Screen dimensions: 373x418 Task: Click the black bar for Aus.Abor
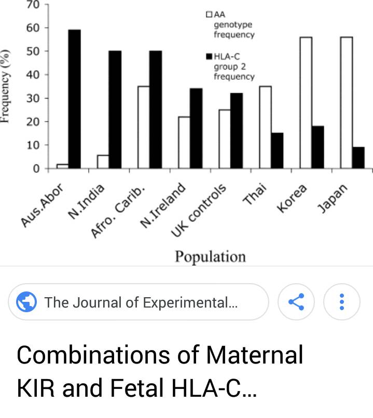[x=74, y=99]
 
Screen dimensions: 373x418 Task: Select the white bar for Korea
[x=306, y=103]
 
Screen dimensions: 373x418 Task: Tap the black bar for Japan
[x=358, y=158]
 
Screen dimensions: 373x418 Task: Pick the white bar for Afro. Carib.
[x=143, y=127]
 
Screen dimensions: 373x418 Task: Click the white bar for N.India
[x=103, y=162]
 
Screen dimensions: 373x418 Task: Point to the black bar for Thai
[x=277, y=150]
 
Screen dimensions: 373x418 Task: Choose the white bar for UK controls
[x=225, y=139]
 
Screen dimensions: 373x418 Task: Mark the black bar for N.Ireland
[x=196, y=128]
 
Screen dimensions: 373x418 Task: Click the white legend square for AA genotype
[x=209, y=14]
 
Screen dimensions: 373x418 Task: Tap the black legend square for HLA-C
[x=209, y=56]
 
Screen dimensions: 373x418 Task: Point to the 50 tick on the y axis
[x=46, y=51]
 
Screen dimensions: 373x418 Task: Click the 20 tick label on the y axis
[x=33, y=122]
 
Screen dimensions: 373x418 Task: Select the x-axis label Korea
[x=292, y=198]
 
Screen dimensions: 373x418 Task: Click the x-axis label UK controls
[x=199, y=211]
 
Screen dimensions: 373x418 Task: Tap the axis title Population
[x=210, y=257]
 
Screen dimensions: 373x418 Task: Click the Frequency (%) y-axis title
[x=5, y=86]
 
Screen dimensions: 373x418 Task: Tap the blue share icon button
[x=296, y=302]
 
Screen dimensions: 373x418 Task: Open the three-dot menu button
[x=342, y=302]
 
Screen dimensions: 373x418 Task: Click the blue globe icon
[x=26, y=302]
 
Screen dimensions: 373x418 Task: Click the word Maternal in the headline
[x=255, y=355]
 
